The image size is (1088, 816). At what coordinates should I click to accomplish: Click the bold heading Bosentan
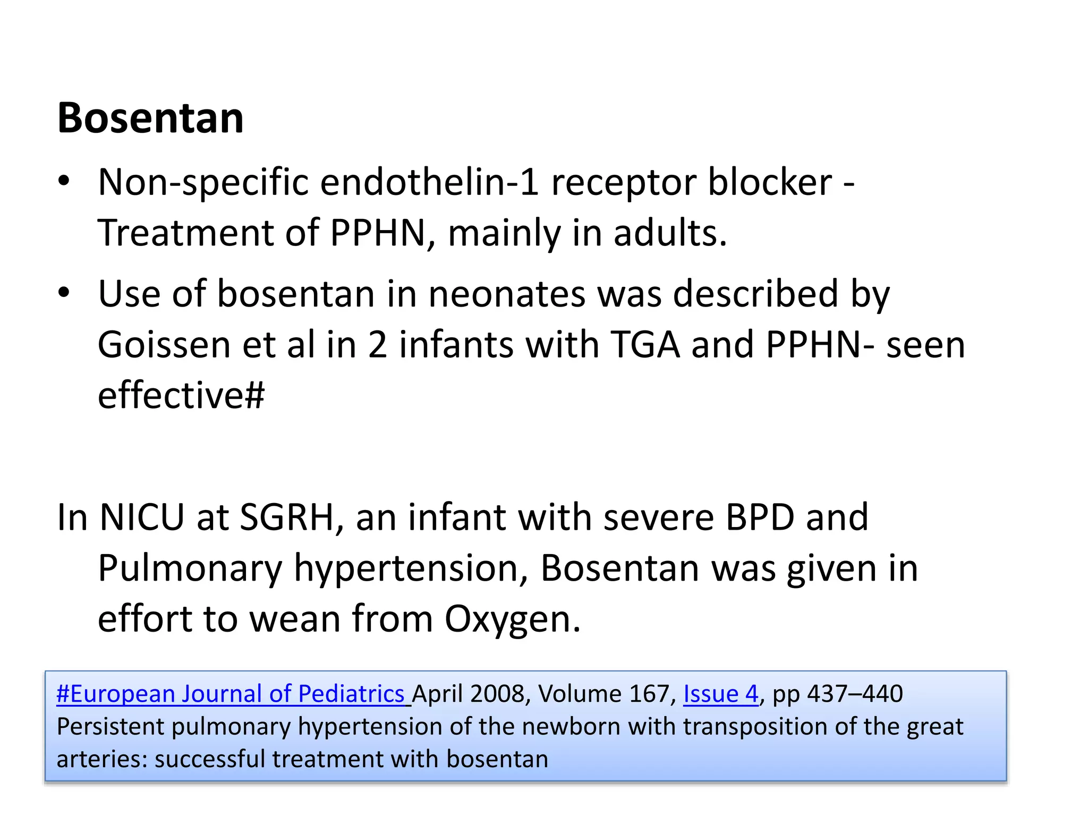pos(150,118)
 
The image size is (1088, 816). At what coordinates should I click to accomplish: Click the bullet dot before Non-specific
pos(64,181)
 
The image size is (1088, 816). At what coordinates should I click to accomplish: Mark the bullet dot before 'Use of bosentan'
pos(64,293)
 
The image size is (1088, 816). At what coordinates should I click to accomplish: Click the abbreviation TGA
pos(645,345)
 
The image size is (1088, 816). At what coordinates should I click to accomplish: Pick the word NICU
pos(141,517)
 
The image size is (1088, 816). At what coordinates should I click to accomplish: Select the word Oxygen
pos(512,619)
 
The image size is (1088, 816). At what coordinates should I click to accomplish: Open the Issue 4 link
pos(720,694)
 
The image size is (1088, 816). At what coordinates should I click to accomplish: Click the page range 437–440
pos(855,694)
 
